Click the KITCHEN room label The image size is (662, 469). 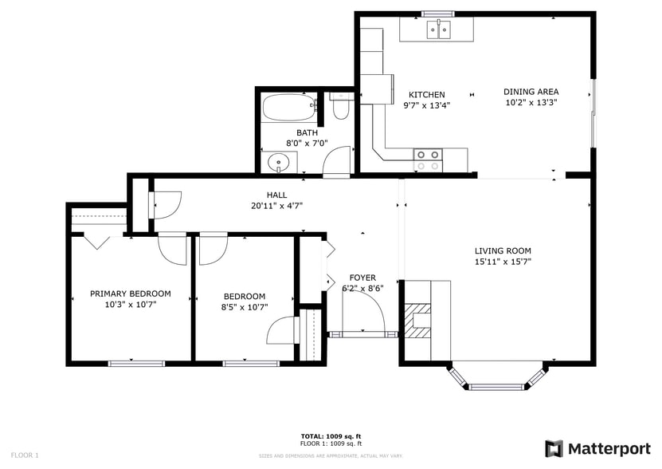(x=426, y=95)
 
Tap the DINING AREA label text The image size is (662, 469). (x=531, y=92)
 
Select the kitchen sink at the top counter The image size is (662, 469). (x=438, y=30)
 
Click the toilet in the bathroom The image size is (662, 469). (x=341, y=106)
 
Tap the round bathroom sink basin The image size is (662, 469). (x=278, y=164)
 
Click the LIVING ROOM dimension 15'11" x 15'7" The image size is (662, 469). (x=503, y=261)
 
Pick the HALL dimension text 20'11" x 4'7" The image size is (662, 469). (x=276, y=205)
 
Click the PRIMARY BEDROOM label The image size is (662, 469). (x=130, y=294)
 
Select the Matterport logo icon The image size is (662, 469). (x=554, y=448)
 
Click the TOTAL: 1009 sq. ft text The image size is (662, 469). (x=331, y=436)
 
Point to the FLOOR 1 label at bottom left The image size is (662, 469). (x=25, y=455)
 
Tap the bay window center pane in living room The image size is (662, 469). (x=499, y=387)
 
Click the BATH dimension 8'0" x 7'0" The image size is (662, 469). (x=307, y=144)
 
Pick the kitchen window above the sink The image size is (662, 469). (x=437, y=13)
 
